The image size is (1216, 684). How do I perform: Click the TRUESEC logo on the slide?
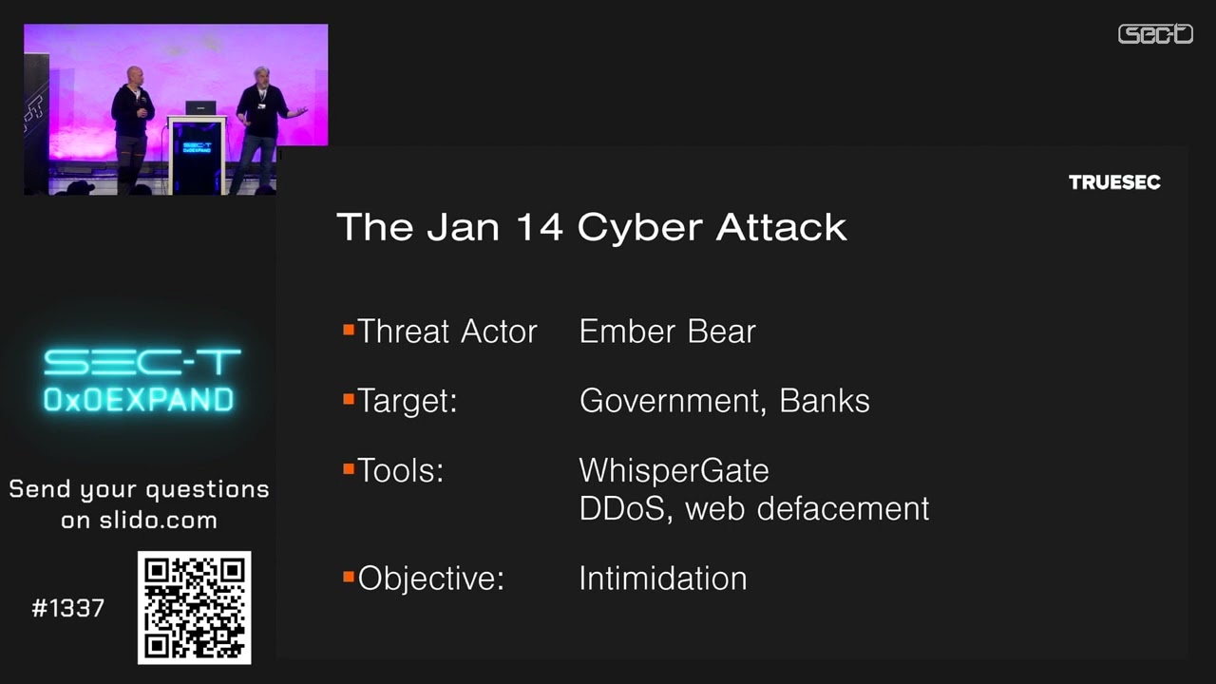(1114, 182)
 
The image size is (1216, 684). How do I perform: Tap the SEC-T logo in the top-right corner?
(1155, 34)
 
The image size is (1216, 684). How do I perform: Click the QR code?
(195, 608)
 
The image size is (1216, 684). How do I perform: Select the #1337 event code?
(68, 609)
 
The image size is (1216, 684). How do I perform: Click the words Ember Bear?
(667, 332)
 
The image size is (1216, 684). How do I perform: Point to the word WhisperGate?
(674, 470)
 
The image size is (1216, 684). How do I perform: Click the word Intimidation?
(662, 579)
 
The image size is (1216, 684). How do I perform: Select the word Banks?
(825, 401)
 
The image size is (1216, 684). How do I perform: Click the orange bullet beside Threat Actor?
(349, 330)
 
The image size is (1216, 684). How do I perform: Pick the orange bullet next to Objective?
(349, 576)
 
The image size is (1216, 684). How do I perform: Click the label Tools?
(401, 470)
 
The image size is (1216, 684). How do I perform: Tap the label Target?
(408, 401)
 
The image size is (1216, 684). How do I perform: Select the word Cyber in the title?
(639, 227)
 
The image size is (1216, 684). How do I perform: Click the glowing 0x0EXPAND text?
(139, 399)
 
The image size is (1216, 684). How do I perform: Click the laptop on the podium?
(200, 107)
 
